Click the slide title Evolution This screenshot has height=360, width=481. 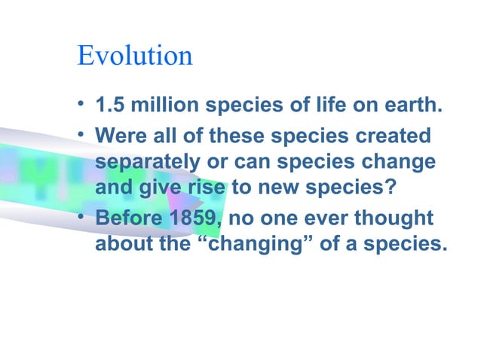(134, 56)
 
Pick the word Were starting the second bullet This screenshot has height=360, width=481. (116, 137)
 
